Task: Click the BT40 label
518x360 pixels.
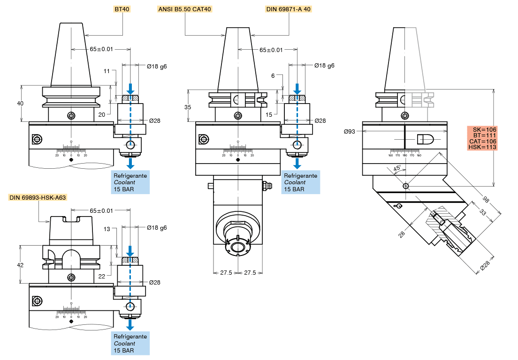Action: click(122, 9)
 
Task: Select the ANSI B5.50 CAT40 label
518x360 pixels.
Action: click(185, 9)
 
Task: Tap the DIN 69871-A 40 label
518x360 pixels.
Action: click(288, 9)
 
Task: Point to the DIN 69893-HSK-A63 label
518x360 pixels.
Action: click(38, 197)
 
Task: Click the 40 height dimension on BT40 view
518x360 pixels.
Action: click(20, 104)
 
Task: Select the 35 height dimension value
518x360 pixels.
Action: click(188, 107)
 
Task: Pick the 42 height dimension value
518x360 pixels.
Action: click(20, 265)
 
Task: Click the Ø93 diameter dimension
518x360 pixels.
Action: click(349, 131)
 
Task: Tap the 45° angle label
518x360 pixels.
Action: click(396, 168)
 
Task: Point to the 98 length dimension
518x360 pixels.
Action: click(485, 201)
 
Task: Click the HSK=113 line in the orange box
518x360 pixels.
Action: click(482, 147)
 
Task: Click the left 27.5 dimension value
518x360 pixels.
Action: click(226, 272)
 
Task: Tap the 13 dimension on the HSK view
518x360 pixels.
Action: click(107, 229)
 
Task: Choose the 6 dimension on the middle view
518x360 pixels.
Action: click(273, 75)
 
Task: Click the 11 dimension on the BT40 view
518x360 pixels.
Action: click(107, 71)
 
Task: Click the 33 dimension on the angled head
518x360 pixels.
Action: click(483, 212)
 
